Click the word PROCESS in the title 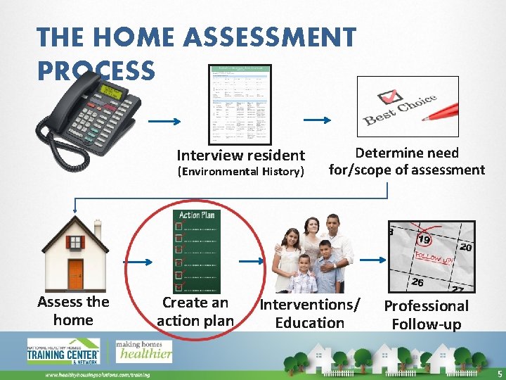pos(96,70)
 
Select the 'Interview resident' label pos(240,155)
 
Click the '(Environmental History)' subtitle pos(240,172)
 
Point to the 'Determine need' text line pos(407,153)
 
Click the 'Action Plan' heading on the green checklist pos(197,215)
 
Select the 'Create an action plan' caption pos(195,312)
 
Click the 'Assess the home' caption pos(73,310)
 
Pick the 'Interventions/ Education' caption pos(310,313)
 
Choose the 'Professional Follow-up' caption pos(426,315)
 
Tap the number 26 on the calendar pos(417,283)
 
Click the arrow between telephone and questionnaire pos(167,120)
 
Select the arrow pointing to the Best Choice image pos(321,120)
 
